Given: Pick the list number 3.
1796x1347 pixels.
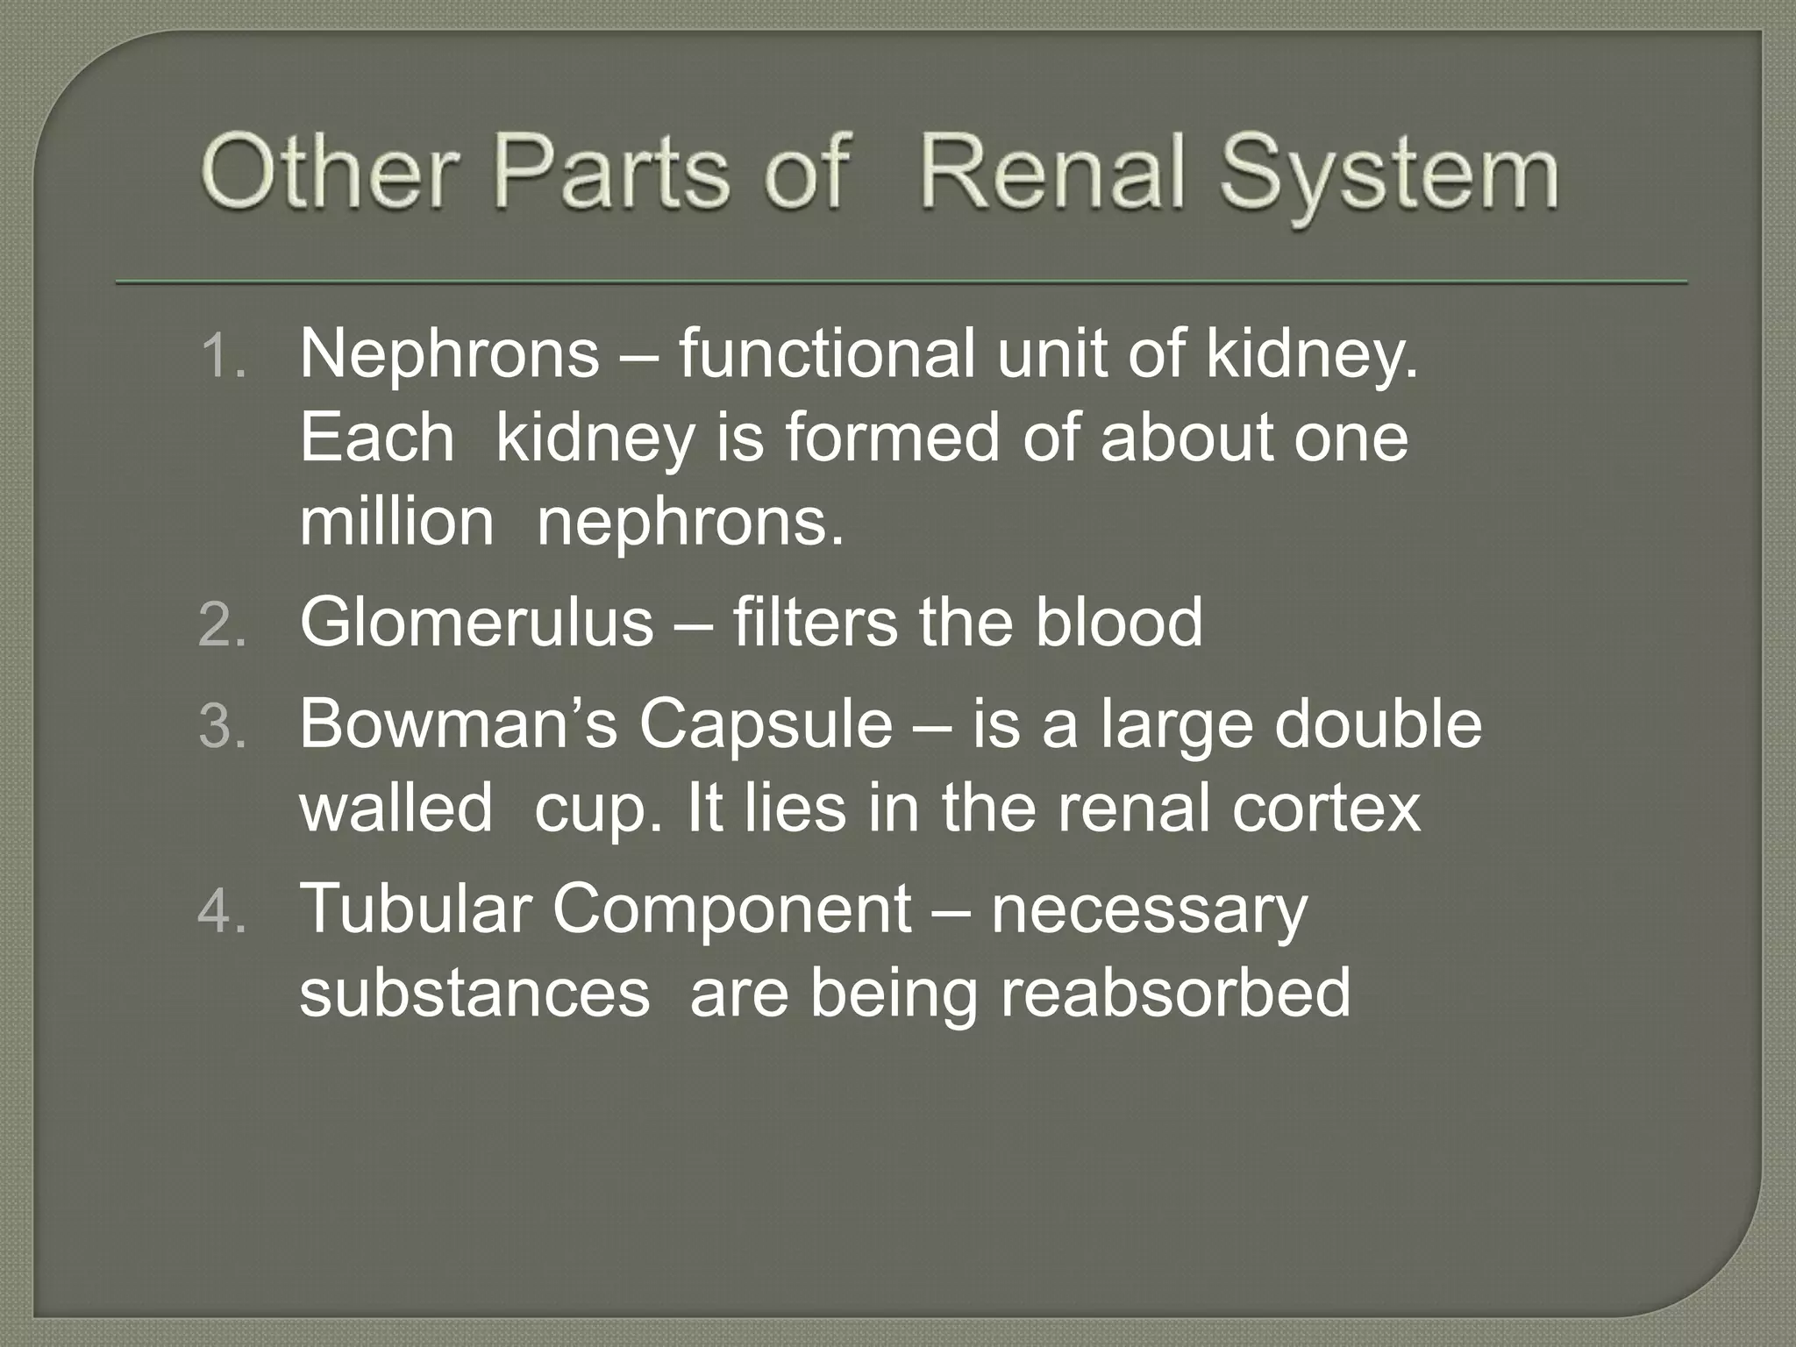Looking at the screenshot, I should tap(223, 728).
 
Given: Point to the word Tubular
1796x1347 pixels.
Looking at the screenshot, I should tap(416, 909).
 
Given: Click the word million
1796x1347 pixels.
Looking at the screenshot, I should tap(396, 523).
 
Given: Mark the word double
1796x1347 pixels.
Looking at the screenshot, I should tap(1378, 724).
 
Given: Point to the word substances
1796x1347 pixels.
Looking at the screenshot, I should tap(474, 994).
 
